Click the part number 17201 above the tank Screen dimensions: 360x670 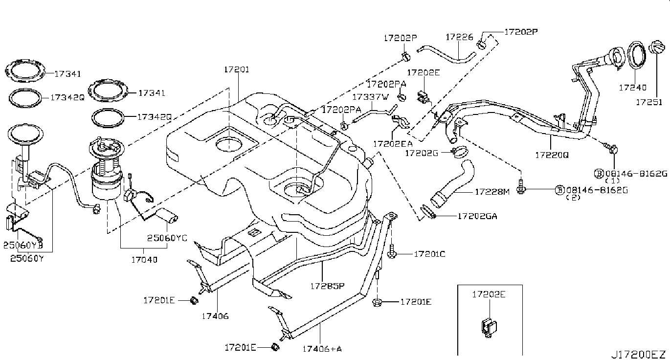click(237, 70)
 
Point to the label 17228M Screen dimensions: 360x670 click(492, 192)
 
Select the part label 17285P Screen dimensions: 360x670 click(328, 285)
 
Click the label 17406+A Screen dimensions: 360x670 click(321, 349)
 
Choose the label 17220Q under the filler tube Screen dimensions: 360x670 click(552, 155)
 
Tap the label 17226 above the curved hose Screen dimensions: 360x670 click(459, 37)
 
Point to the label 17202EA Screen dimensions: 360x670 click(393, 144)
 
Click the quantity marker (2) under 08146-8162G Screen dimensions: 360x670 click(572, 197)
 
